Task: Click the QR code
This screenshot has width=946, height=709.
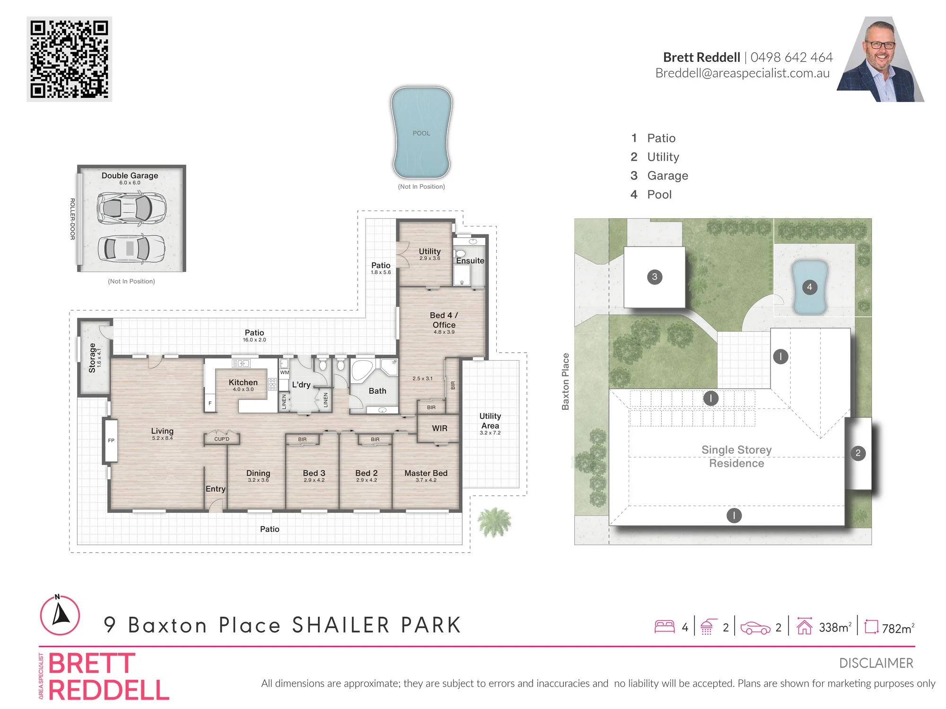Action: pyautogui.click(x=70, y=59)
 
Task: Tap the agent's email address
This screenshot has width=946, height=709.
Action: pyautogui.click(x=743, y=73)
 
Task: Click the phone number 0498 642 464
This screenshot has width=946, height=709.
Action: pyautogui.click(x=791, y=57)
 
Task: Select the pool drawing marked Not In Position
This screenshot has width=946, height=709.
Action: pyautogui.click(x=421, y=132)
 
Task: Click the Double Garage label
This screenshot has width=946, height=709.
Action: pyautogui.click(x=130, y=175)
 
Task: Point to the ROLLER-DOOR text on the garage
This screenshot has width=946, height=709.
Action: pyautogui.click(x=72, y=219)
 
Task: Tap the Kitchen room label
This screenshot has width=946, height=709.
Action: pyautogui.click(x=243, y=382)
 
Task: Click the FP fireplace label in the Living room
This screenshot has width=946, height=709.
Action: pyautogui.click(x=111, y=441)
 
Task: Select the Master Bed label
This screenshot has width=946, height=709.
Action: pyautogui.click(x=426, y=473)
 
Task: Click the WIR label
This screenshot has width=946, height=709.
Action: pyautogui.click(x=439, y=428)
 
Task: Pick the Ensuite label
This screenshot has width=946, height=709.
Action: pyautogui.click(x=470, y=261)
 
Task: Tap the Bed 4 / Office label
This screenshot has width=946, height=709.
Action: pyautogui.click(x=444, y=320)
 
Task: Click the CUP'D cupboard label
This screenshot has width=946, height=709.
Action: pyautogui.click(x=222, y=439)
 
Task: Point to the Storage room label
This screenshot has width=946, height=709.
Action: pyautogui.click(x=92, y=358)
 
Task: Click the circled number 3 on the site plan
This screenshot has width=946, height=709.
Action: pyautogui.click(x=655, y=277)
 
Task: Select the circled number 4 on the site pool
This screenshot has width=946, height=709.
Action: pyautogui.click(x=810, y=287)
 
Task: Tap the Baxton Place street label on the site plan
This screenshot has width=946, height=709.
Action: pyautogui.click(x=566, y=381)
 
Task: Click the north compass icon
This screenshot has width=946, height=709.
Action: pyautogui.click(x=60, y=615)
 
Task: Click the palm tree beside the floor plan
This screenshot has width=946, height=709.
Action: pyautogui.click(x=494, y=522)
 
